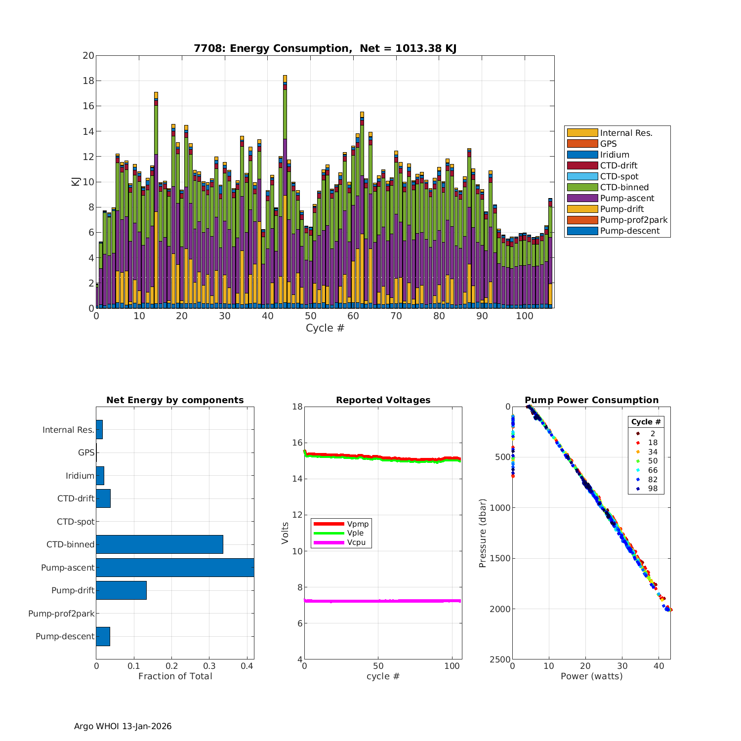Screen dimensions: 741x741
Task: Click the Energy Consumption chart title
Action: [x=325, y=48]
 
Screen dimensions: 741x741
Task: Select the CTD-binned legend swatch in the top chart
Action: [x=582, y=187]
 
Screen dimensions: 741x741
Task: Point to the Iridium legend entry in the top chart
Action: [x=615, y=155]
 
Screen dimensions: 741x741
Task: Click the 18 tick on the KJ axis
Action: [x=88, y=81]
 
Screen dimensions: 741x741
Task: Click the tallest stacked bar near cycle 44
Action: [x=285, y=198]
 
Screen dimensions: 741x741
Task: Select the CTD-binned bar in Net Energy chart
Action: [x=159, y=544]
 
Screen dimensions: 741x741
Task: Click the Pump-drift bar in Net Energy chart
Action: [x=121, y=590]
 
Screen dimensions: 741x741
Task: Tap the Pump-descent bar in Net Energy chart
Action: [x=103, y=636]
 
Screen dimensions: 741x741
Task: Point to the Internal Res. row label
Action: [x=68, y=430]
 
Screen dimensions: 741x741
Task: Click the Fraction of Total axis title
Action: [x=175, y=676]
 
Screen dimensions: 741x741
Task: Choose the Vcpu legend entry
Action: [x=356, y=542]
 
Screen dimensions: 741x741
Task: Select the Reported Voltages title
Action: [x=383, y=400]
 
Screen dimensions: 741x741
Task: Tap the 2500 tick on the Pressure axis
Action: [x=501, y=659]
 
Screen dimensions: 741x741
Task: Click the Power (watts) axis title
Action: [x=591, y=676]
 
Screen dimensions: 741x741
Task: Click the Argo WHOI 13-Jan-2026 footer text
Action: [x=123, y=726]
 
